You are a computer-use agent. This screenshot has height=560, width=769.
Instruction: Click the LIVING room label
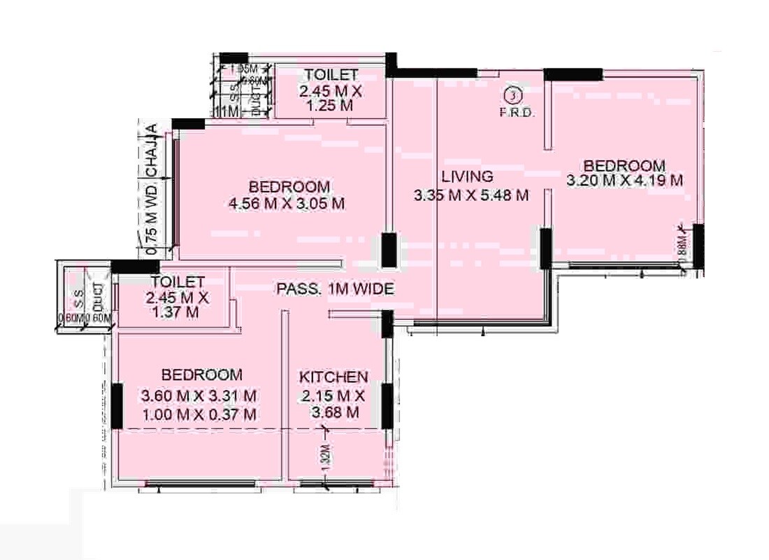coord(467,176)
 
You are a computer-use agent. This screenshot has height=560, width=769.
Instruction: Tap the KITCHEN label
coord(334,377)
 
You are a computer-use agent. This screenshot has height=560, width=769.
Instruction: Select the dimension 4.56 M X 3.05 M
coord(287,204)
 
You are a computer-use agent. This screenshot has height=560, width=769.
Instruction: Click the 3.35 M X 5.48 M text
coord(470,195)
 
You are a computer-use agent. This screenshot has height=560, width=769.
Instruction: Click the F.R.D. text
coord(517,112)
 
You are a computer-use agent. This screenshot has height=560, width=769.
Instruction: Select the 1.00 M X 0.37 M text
coord(199,414)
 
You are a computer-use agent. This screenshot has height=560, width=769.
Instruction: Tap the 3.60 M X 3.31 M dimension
coord(199,395)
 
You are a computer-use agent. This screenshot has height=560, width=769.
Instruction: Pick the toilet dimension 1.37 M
coord(175,312)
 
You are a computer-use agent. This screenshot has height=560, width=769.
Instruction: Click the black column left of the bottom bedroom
coord(117,404)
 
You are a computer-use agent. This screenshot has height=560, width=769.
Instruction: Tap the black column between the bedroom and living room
coord(389,250)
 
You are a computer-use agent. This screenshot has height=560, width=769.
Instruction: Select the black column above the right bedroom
coord(573,74)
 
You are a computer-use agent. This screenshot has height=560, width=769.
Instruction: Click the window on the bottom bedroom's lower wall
coord(200,483)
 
